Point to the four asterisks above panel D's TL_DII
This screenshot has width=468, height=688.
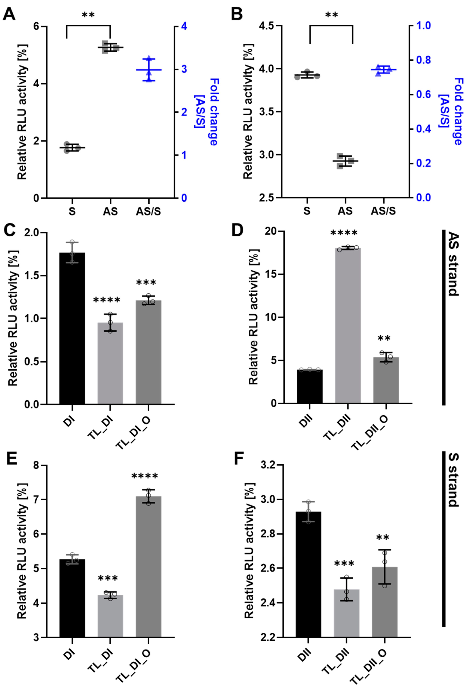tap(344, 233)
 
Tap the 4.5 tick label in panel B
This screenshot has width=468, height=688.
tap(265, 26)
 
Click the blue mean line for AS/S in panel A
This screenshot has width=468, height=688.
tap(149, 70)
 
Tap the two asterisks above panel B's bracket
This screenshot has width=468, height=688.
tap(331, 15)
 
